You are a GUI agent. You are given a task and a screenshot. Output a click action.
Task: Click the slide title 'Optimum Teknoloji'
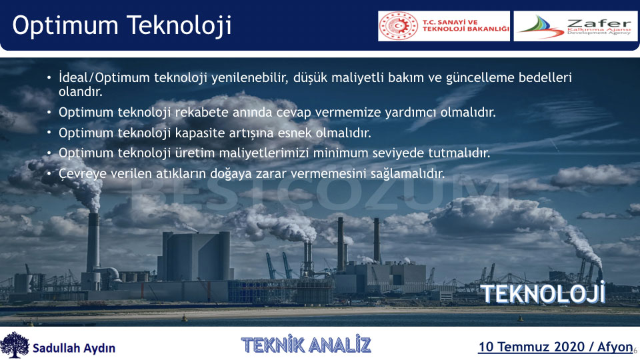click(121, 26)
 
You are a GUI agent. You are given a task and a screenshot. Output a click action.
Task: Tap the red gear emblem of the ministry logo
click(399, 26)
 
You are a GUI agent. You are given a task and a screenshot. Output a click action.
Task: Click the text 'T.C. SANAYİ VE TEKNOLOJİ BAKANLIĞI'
click(465, 26)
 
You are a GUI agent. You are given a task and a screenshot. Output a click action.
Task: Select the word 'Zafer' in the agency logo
click(599, 23)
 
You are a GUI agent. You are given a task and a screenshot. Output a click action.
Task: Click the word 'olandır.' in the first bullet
click(81, 91)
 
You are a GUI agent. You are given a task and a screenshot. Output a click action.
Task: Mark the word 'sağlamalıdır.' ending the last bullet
click(407, 174)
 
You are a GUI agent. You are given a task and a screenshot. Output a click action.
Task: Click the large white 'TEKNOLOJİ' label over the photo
click(543, 293)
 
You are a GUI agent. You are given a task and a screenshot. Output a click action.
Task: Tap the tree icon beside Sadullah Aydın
click(15, 345)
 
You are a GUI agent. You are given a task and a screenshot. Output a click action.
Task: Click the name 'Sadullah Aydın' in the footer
click(74, 348)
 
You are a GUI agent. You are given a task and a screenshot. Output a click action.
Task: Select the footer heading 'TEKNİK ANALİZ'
click(306, 345)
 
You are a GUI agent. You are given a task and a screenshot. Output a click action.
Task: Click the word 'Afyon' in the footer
click(615, 347)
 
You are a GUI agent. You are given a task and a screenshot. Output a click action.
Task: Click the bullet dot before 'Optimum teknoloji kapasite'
click(49, 133)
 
